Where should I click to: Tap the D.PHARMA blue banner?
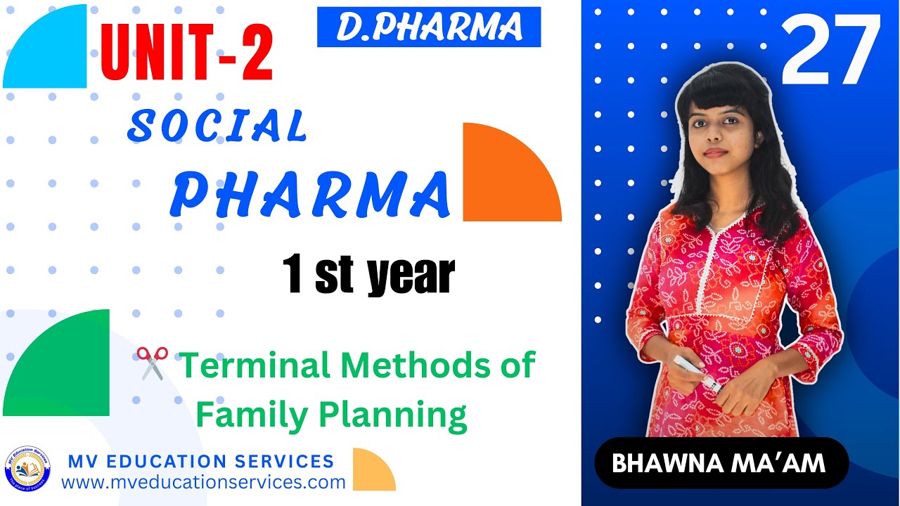(429, 27)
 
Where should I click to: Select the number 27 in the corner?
(830, 51)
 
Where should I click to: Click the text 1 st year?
(368, 275)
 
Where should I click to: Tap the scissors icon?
(152, 363)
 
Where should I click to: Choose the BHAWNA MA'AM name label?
(721, 463)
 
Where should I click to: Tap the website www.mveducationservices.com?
(203, 483)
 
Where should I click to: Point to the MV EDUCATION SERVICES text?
(200, 462)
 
